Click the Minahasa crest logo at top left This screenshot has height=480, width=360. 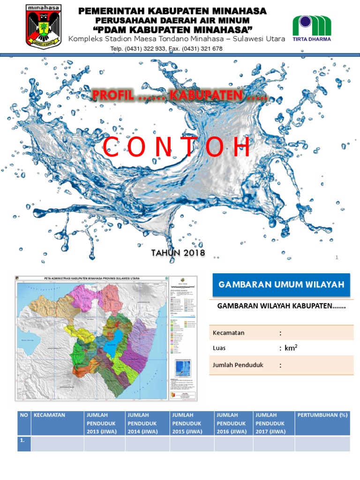[x=44, y=26]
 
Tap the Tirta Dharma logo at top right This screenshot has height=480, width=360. [x=312, y=28]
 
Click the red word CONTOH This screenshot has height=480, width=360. [x=177, y=148]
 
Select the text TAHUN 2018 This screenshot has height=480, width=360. [x=178, y=253]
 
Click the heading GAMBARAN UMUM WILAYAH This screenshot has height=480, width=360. [x=281, y=285]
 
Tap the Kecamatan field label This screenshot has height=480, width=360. [x=229, y=333]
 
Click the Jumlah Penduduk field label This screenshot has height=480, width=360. [x=238, y=365]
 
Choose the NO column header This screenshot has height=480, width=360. [x=24, y=415]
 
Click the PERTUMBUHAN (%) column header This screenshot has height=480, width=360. [x=322, y=415]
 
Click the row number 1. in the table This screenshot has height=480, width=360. [x=22, y=441]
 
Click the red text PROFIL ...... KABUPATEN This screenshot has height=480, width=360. [x=180, y=96]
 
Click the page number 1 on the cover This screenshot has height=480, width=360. [x=337, y=257]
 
